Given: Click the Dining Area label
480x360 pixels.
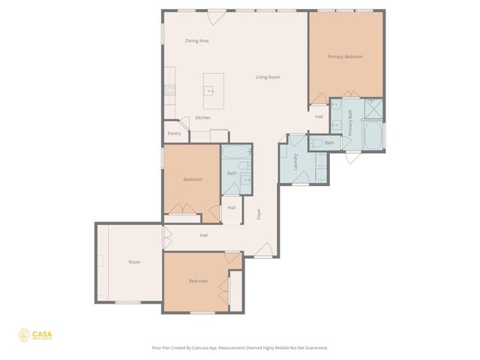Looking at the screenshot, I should click(197, 40).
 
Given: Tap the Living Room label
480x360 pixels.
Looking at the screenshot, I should click(268, 77).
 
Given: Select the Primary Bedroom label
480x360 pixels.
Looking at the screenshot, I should click(345, 57).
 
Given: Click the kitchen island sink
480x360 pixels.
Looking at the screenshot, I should click(211, 91).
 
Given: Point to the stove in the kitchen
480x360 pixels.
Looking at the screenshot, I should click(170, 91).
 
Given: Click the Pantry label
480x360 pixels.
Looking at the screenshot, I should click(174, 133).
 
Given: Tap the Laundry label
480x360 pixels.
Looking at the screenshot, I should click(296, 161).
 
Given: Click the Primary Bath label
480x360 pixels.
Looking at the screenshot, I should click(349, 122).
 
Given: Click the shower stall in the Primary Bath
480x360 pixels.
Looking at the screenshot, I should click(373, 109).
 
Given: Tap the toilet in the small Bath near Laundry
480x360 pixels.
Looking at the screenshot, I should click(316, 142).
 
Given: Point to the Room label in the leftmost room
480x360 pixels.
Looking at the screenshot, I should click(134, 262).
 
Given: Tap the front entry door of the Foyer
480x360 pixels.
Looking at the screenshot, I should click(264, 250).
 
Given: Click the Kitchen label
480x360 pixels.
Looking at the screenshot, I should click(202, 118).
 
